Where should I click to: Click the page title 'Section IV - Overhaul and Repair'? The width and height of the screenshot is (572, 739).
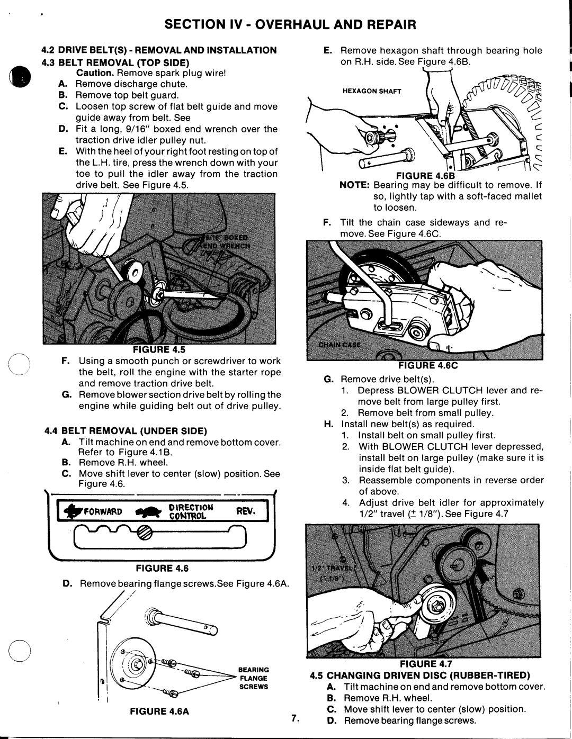pyautogui.click(x=286, y=24)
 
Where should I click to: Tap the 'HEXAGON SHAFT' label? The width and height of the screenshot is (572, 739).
pyautogui.click(x=371, y=91)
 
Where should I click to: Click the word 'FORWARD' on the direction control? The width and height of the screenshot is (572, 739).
pyautogui.click(x=104, y=512)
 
